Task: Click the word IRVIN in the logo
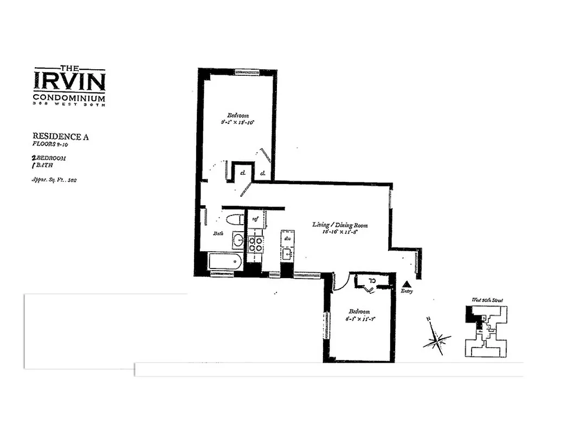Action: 69,81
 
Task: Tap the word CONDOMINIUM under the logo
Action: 69,97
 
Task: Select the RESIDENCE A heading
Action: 61,137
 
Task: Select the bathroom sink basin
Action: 238,240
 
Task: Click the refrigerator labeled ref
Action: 256,219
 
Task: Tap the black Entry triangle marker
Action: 407,284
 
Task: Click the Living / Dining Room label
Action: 340,224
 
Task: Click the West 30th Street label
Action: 486,299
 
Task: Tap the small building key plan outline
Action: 486,331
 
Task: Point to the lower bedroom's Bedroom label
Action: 359,311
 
